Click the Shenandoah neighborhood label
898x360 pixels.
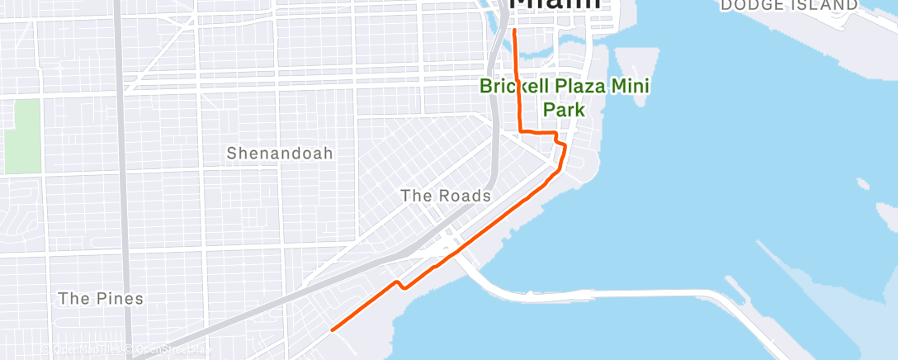coord(280,154)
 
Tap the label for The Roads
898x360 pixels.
coord(445,197)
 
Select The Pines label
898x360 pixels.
coord(101,299)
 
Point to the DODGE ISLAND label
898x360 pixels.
coord(788,6)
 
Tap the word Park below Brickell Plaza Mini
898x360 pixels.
coord(564,109)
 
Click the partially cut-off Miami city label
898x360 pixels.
coord(555,5)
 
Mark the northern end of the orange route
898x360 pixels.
coord(515,31)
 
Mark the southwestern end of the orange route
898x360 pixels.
coord(333,329)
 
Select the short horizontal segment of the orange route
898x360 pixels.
coord(537,131)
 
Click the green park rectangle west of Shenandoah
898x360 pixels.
coord(26,136)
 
